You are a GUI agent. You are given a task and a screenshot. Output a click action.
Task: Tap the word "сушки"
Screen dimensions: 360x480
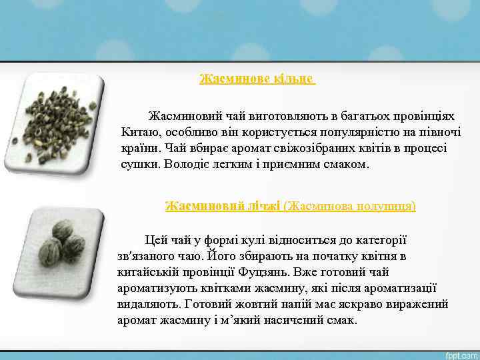137,163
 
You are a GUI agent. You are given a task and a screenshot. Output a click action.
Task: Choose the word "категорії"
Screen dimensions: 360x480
379,240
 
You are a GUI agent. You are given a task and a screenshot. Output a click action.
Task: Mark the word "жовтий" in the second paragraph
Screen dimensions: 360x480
252,304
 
